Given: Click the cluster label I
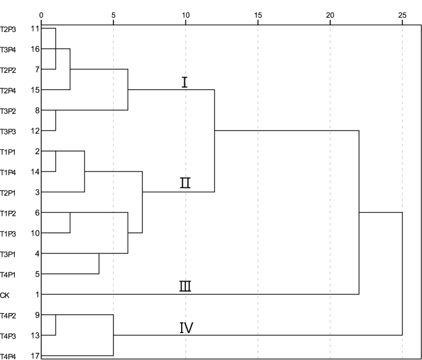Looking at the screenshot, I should click(x=184, y=83).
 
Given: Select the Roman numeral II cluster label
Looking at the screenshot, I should click(x=185, y=183).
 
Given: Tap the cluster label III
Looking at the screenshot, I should click(x=185, y=286).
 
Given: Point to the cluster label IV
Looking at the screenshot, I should click(x=186, y=327).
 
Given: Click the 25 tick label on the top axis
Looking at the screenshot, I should click(x=402, y=14).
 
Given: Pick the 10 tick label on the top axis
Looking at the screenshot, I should click(x=185, y=14).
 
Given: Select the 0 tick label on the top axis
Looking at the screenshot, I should click(x=41, y=14).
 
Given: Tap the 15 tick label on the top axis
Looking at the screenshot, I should click(x=258, y=14).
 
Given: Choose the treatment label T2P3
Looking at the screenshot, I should click(x=9, y=29).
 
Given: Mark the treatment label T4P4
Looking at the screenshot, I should click(x=9, y=356).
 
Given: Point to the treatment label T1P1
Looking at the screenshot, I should click(x=9, y=152).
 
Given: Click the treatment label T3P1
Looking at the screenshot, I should click(x=9, y=253).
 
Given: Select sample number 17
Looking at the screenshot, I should click(x=35, y=356).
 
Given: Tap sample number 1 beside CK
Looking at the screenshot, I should click(x=38, y=295).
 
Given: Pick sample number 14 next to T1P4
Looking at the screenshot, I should click(x=35, y=172).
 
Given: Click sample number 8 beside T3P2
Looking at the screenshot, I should click(x=38, y=111).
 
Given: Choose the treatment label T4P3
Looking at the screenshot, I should click(x=9, y=335).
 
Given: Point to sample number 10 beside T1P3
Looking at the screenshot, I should click(x=35, y=233).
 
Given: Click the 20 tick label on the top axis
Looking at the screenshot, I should click(x=330, y=14).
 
